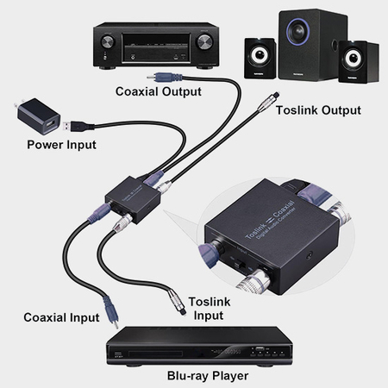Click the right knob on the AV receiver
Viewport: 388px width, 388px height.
204,41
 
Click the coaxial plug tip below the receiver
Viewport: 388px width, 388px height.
154,78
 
